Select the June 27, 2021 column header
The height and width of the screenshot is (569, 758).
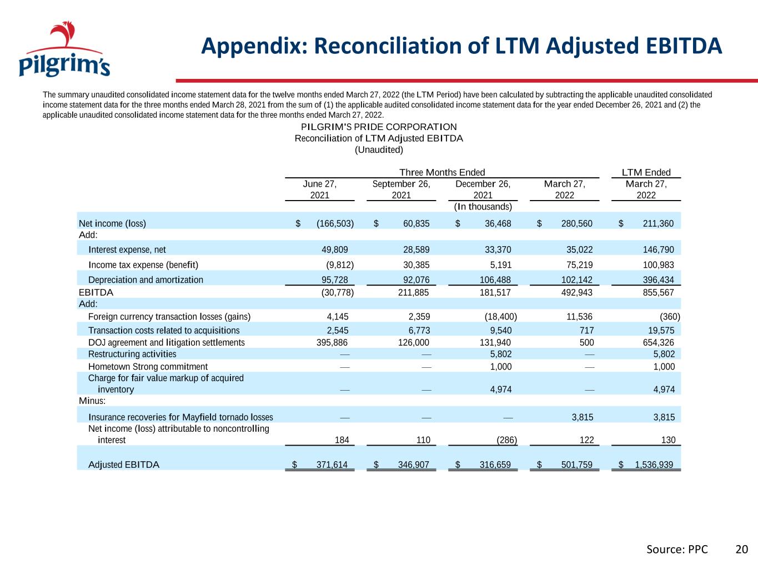(320, 189)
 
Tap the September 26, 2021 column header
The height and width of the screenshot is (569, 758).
(401, 189)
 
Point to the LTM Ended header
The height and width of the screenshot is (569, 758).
(646, 172)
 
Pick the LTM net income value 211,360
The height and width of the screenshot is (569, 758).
(658, 223)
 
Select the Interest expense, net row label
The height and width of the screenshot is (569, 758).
(127, 250)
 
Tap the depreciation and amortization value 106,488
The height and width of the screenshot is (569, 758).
(495, 280)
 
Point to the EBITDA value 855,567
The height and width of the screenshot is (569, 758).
(658, 293)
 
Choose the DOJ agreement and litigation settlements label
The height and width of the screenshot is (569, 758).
(167, 342)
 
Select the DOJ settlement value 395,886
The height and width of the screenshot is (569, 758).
(332, 342)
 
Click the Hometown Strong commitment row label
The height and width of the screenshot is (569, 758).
(148, 367)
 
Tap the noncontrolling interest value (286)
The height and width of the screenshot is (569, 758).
(506, 440)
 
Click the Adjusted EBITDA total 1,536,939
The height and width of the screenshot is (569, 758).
(654, 465)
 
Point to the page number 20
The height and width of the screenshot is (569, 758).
(742, 550)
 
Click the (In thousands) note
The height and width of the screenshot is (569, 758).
(483, 207)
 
